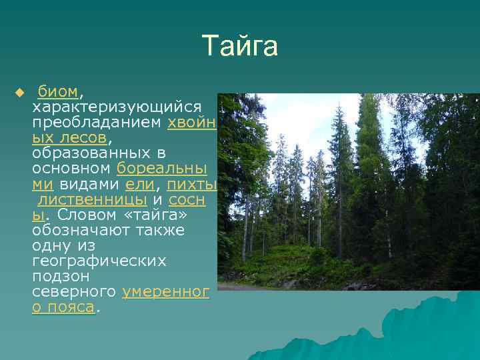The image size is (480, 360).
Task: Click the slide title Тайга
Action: coord(240,47)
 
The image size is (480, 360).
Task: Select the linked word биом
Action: coord(58,91)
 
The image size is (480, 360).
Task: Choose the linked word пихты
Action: coord(192,184)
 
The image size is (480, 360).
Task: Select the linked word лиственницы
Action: coord(92,199)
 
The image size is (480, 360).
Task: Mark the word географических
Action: coord(99,261)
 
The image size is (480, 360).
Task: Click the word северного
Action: coord(74,291)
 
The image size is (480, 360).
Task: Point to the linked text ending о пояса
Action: coord(63,307)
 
